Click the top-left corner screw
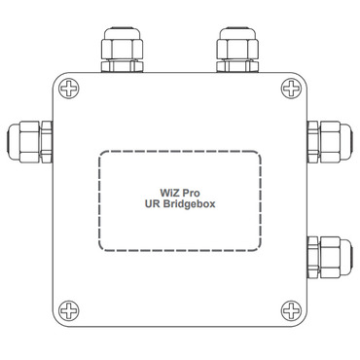[69, 90]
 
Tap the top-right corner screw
[291, 90]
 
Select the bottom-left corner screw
[69, 311]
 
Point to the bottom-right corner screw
[291, 311]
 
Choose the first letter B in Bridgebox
[166, 206]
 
